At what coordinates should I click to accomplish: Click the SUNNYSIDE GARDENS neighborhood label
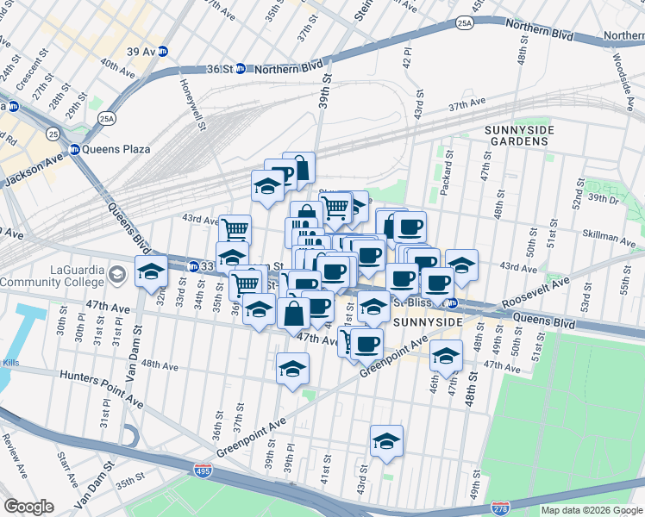click(x=519, y=136)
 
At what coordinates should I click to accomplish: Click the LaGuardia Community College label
click(x=53, y=275)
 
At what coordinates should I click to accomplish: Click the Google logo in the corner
click(x=28, y=507)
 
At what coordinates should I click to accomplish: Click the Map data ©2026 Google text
click(x=591, y=510)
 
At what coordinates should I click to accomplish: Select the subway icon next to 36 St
click(x=241, y=69)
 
